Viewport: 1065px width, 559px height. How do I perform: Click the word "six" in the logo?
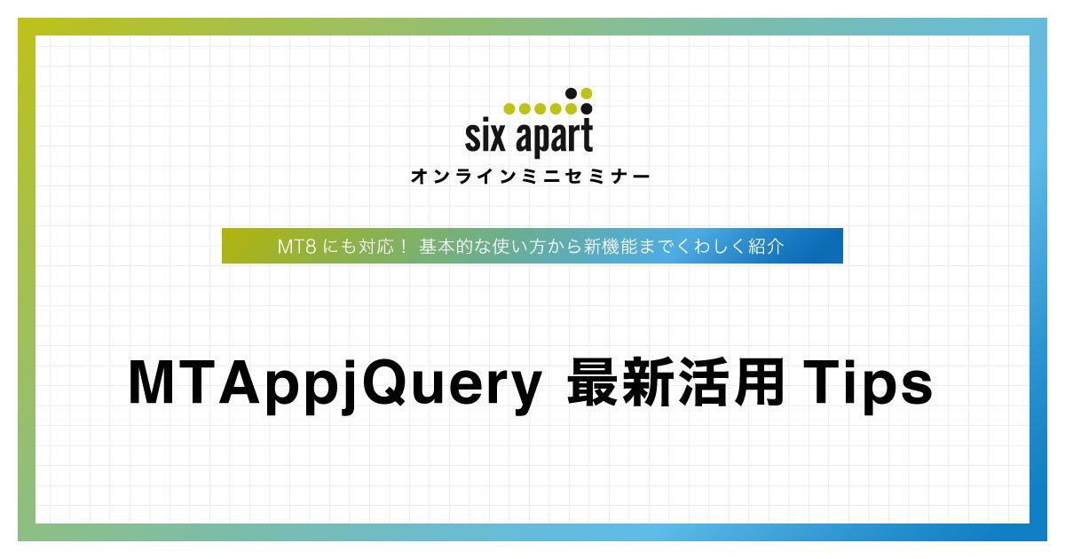click(x=485, y=138)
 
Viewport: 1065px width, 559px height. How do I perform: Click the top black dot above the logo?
click(x=571, y=93)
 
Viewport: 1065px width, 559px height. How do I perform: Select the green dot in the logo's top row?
click(x=586, y=93)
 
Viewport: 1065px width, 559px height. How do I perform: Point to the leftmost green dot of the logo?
click(x=509, y=109)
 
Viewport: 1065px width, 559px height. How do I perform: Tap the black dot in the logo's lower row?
click(x=586, y=109)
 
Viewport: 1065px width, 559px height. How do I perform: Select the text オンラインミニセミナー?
click(x=531, y=177)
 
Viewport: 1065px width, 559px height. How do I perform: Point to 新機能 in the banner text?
click(x=608, y=247)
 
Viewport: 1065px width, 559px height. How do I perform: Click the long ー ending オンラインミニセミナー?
click(x=641, y=177)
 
